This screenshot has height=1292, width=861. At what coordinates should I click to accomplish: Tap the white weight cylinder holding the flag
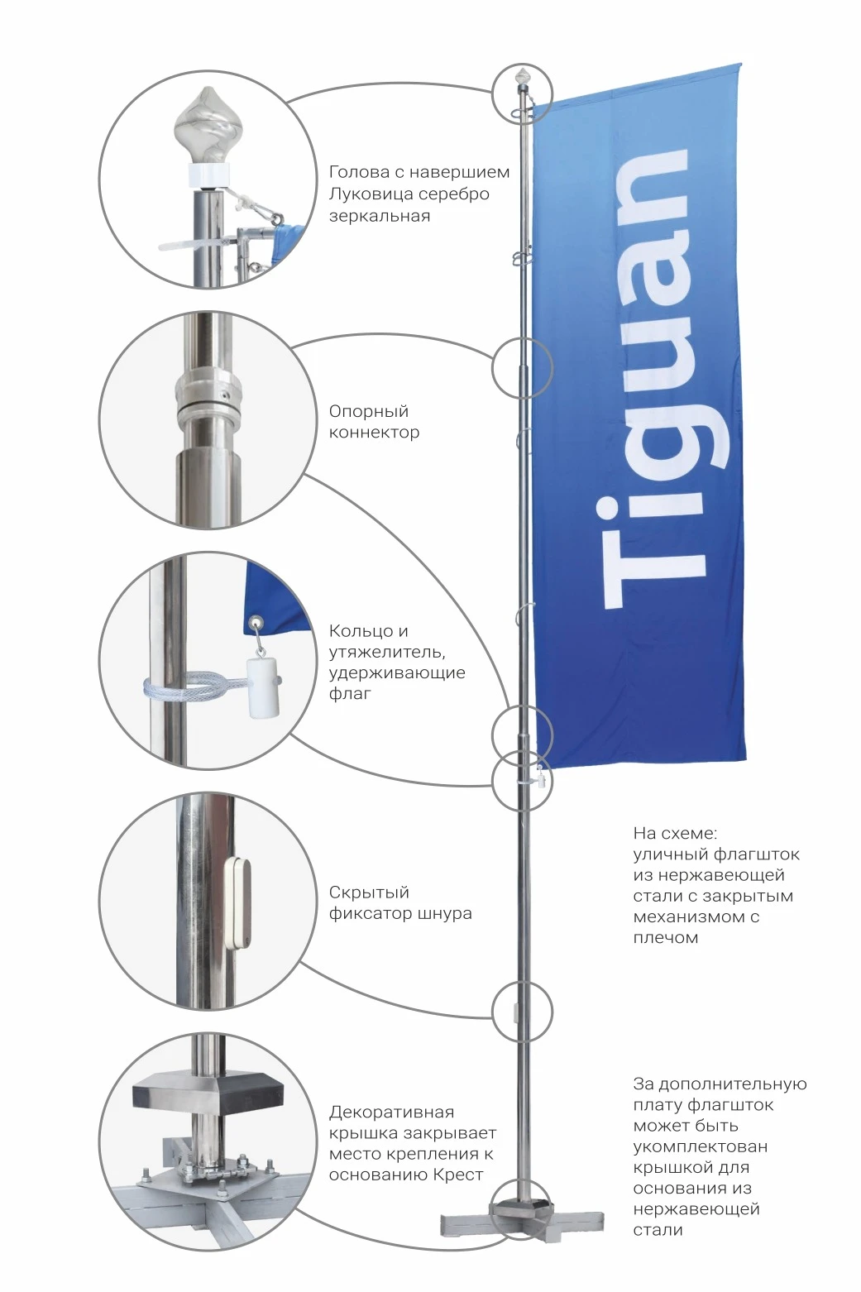(x=262, y=687)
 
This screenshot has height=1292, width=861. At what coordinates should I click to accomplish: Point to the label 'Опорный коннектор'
(x=374, y=422)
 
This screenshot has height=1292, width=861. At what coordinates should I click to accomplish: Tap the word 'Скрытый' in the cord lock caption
(x=369, y=892)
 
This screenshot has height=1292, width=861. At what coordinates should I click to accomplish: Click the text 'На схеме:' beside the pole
(x=675, y=834)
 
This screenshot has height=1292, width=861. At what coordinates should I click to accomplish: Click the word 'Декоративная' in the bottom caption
(x=391, y=1112)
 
